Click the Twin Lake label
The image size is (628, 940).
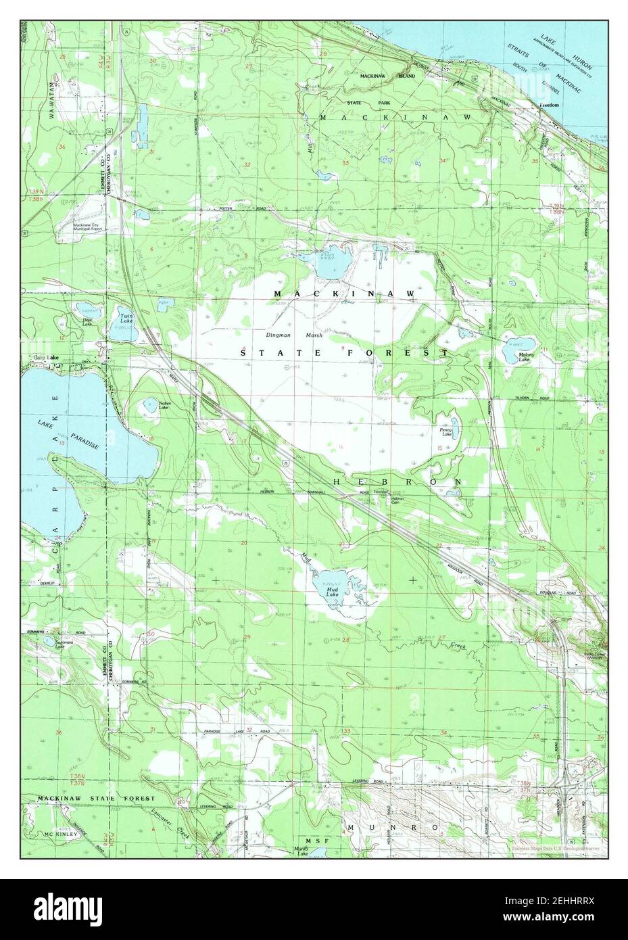[x=126, y=318]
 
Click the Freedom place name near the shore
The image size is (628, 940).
[x=549, y=105]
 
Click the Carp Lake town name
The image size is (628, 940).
[x=39, y=357]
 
